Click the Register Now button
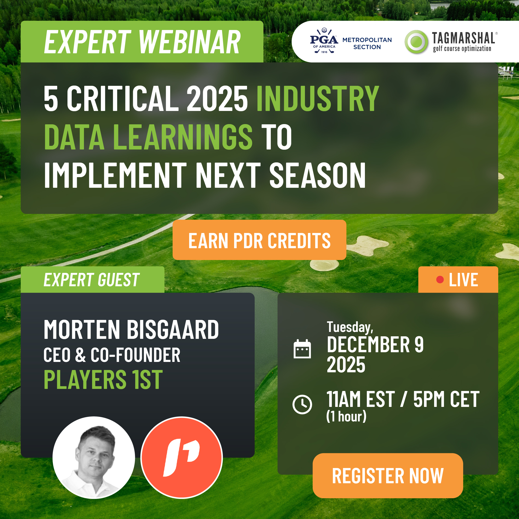tap(388, 475)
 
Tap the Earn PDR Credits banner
tap(259, 240)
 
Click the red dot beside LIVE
tap(440, 280)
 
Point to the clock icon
tap(302, 404)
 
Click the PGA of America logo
tap(324, 41)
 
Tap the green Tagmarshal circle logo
tap(416, 42)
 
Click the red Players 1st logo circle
tap(182, 457)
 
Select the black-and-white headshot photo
tap(94, 457)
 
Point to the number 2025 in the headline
tap(217, 98)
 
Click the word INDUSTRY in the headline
tap(318, 98)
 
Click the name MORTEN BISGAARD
tap(131, 329)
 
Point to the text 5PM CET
tap(446, 399)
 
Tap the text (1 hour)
tap(346, 416)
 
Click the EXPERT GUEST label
tap(91, 280)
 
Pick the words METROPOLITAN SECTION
tap(367, 43)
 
